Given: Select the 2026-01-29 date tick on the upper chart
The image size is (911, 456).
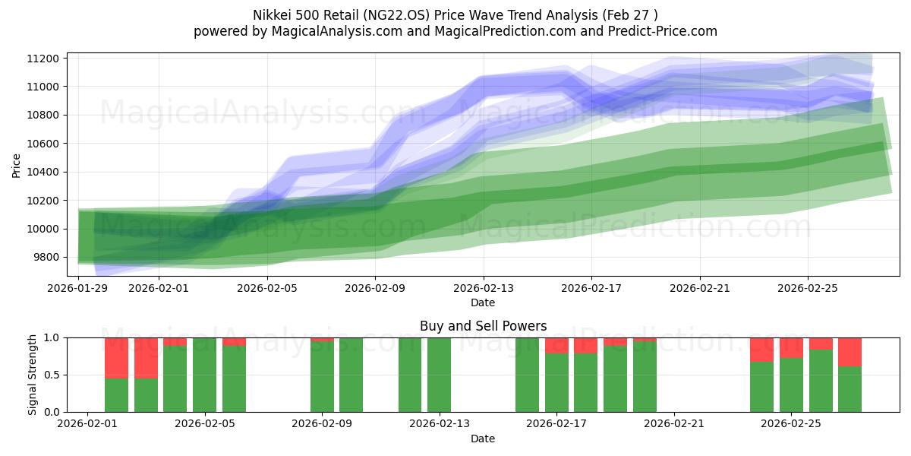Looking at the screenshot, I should [78, 289].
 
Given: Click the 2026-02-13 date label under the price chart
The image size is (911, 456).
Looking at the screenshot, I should [484, 289].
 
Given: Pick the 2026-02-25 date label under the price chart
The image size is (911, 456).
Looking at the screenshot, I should [807, 289].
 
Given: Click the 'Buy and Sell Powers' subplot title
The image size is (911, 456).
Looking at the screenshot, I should [483, 326].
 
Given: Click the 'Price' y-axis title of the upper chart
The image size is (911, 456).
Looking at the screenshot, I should [17, 164].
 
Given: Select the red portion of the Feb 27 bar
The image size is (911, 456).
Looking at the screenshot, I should [850, 352].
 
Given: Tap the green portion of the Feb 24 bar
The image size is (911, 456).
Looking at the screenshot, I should [761, 387].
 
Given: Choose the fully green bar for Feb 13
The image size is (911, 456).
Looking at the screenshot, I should [439, 375].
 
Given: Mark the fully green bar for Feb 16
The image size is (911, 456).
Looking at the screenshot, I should [527, 375].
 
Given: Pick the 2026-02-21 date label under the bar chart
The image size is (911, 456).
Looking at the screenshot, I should [674, 424].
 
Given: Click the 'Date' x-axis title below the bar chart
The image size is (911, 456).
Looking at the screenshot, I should [483, 439].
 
